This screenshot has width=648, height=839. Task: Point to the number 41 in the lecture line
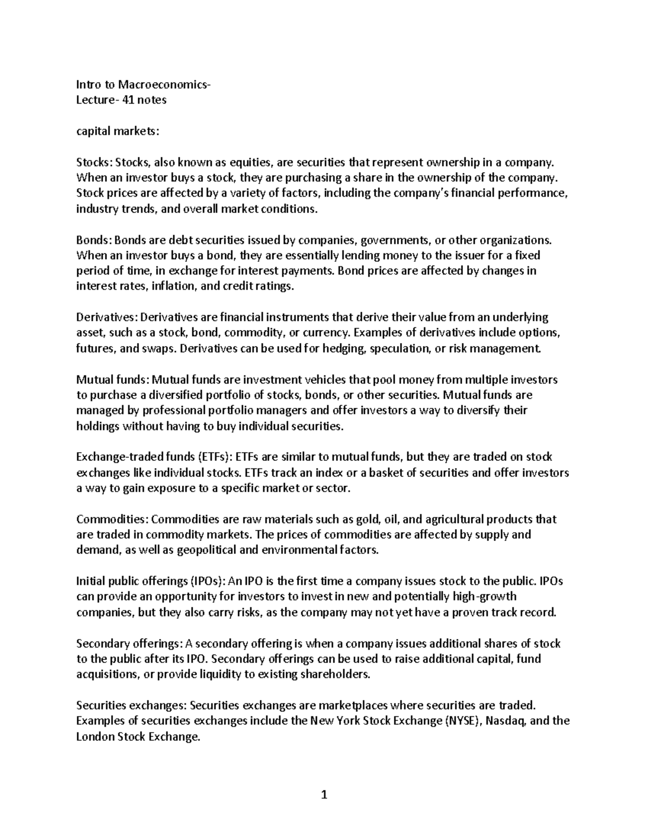127,100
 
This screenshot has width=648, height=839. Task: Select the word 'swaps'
159,348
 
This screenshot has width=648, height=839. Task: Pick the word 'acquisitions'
106,675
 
